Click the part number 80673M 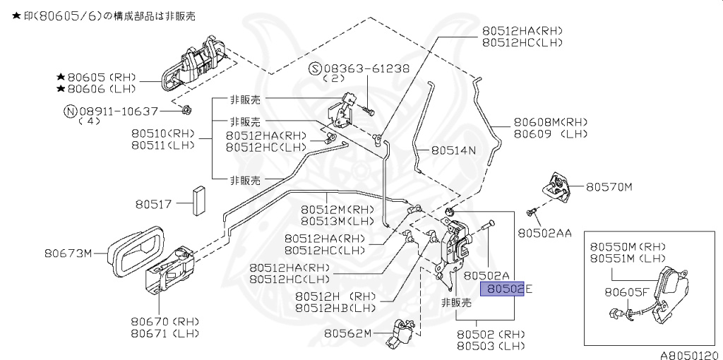pos(68,252)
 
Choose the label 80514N pos(453,150)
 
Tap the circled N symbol pos(70,111)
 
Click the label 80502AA pos(544,232)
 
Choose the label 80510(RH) pos(162,133)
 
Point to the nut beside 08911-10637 pos(186,109)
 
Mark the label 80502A pos(486,274)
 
